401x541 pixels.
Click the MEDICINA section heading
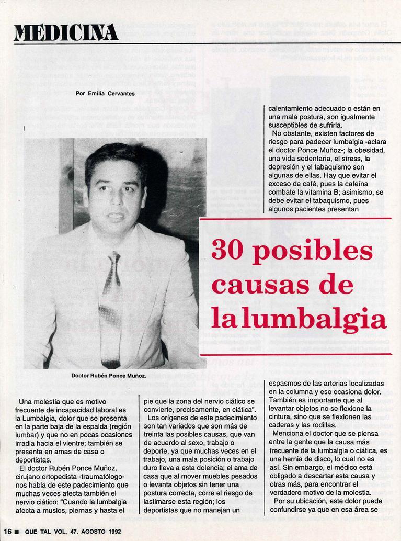(x=66, y=32)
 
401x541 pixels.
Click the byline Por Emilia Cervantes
(x=105, y=94)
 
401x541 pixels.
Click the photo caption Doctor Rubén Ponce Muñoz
(x=108, y=376)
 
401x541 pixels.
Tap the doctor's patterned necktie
(x=110, y=309)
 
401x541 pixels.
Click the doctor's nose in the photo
(x=116, y=198)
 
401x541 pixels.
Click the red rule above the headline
(x=295, y=219)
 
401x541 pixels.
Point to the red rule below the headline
(x=295, y=354)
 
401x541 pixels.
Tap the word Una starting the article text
(x=26, y=402)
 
